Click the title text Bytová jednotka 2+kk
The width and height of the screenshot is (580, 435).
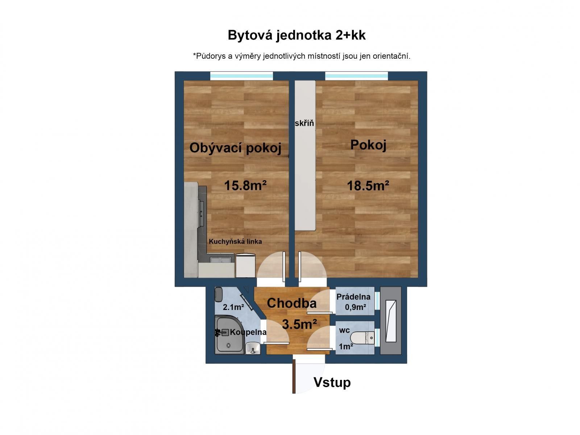pos(297,36)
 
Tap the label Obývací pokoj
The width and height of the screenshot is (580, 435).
pos(235,148)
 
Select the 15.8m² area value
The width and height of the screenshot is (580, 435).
pos(245,186)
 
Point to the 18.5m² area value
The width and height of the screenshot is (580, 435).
pos(368,186)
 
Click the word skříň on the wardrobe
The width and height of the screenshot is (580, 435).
pos(304,124)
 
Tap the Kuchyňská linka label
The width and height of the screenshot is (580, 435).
pos(235,241)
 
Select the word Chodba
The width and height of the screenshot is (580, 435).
pos(291,303)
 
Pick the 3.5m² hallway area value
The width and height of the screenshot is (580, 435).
pos(299,324)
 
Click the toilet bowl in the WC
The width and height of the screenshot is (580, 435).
pos(364,337)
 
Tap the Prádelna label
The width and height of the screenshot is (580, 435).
pos(353,297)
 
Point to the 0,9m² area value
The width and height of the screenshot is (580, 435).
pos(355,307)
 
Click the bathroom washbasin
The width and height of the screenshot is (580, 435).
pos(253,349)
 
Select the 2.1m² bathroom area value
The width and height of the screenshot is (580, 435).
pos(233,307)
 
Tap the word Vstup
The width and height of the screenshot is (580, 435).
pos(332,382)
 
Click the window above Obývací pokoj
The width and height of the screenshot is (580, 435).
pos(241,76)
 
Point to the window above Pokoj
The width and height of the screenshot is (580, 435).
pos(356,76)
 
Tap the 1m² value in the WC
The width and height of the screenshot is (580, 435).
pos(346,347)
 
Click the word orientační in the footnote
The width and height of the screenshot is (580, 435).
pos(391,56)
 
